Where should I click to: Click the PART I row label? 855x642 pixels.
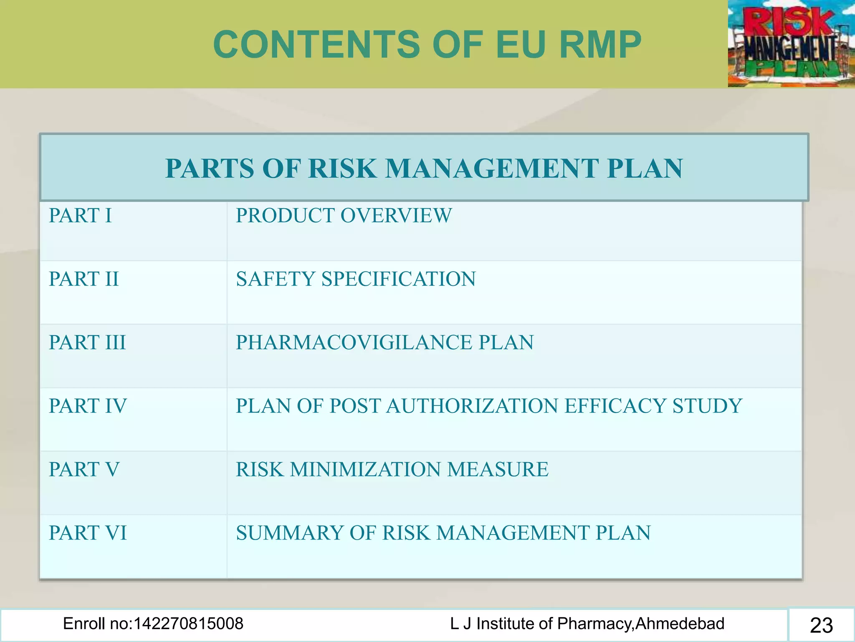[x=80, y=216]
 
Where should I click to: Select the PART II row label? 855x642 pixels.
[x=83, y=279]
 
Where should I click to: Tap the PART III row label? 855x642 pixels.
[x=87, y=342]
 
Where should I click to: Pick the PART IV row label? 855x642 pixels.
[x=88, y=406]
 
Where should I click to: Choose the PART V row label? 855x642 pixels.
[x=84, y=469]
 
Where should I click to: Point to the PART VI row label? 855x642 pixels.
[x=88, y=533]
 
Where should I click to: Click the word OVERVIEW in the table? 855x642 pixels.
[x=396, y=216]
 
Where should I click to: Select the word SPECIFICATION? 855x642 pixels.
[x=398, y=279]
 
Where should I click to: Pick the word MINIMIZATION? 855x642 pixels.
[x=365, y=469]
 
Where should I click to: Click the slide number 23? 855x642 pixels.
[x=821, y=625]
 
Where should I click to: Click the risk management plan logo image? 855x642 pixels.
[x=791, y=43]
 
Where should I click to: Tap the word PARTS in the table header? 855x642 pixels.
[x=209, y=168]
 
